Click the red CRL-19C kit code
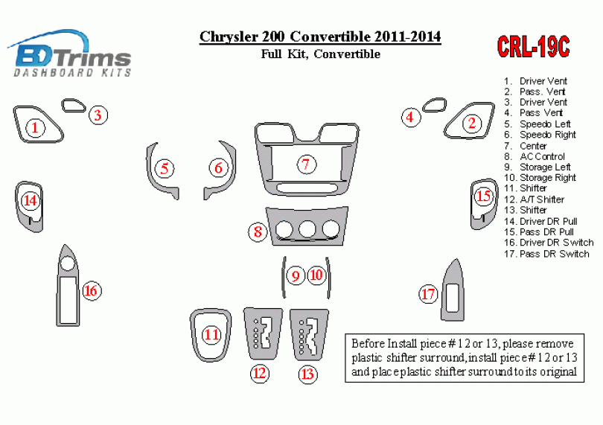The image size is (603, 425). pos(533,47)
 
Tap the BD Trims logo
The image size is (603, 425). pos(70,53)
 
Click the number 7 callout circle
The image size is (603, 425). pos(306,164)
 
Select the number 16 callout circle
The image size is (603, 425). pos(91,291)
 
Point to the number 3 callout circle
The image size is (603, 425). pos(98,115)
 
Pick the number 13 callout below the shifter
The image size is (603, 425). pos(307,374)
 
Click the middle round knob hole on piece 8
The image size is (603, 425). pos(307,229)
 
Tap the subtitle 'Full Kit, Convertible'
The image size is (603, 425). pos(321,54)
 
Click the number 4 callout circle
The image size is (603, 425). pos(410,117)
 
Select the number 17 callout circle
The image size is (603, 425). pos(428,294)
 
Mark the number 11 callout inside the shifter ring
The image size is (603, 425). pos(211,335)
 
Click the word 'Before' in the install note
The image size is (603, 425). pos(368,343)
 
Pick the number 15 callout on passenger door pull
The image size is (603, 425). pos(483,196)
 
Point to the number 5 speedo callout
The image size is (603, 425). pos(165,168)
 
